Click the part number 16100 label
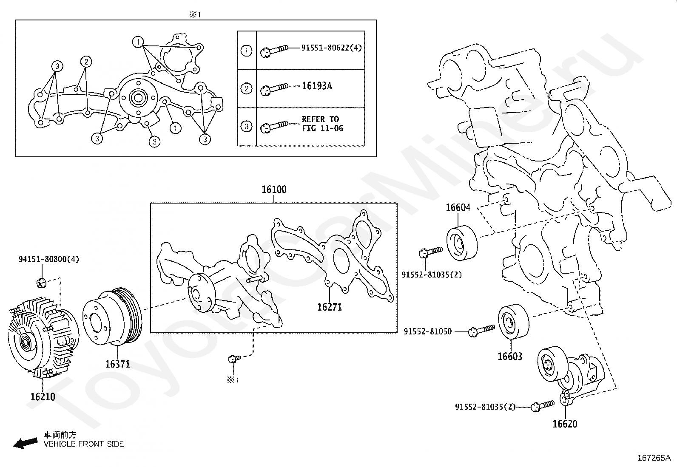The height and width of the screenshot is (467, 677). pos(274,190)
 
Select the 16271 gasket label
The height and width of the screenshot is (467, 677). pos(329,307)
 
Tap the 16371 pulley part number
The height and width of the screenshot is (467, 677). pos(118,364)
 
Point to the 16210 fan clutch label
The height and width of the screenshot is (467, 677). pos(43,397)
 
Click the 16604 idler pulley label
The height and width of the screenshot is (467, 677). pos(458,208)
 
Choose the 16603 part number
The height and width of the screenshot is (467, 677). pos(510,357)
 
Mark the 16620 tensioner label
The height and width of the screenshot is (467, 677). pos(565,424)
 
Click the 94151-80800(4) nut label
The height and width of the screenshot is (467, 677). pos(48,259)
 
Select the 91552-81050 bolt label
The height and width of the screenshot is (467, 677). pos(428,331)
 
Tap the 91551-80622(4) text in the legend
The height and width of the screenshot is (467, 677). pos(332,48)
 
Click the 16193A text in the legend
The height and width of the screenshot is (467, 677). pos(317,86)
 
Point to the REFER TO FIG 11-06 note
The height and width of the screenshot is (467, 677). pos(322,124)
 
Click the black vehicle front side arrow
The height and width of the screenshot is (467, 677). pos(24,444)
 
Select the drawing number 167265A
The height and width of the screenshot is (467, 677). pos(654,458)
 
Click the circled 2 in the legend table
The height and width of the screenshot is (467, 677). pos(247,89)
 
